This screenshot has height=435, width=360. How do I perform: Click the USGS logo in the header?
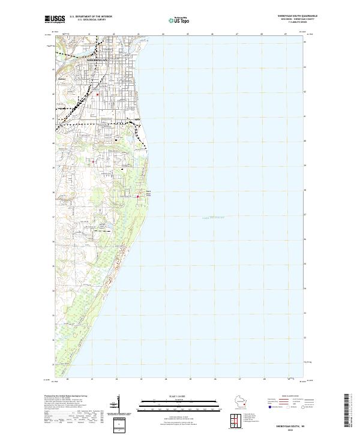point(55,19)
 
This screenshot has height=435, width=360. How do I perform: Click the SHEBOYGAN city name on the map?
point(98,61)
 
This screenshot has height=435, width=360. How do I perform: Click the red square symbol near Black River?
point(137,196)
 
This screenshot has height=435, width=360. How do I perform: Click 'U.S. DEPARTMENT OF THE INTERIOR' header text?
point(90,16)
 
